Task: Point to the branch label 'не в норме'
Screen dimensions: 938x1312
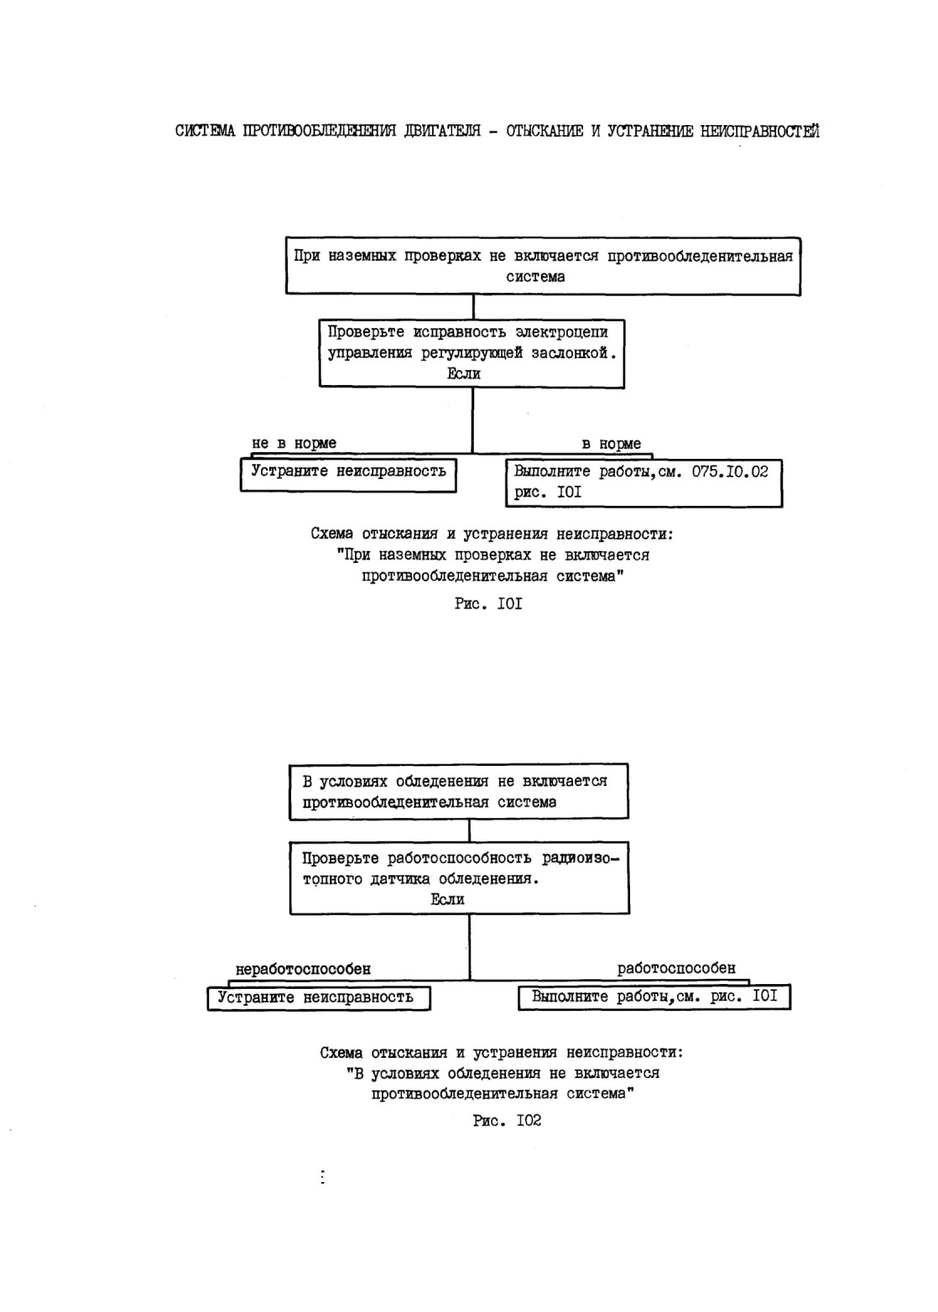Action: pyautogui.click(x=294, y=444)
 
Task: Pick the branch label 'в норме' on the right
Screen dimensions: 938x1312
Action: pyautogui.click(x=611, y=444)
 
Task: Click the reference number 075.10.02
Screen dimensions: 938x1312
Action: pyautogui.click(x=729, y=471)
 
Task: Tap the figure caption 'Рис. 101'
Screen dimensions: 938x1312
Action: pyautogui.click(x=488, y=603)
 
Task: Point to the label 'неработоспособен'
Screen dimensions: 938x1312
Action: pyautogui.click(x=303, y=970)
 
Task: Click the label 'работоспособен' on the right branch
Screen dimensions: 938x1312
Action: pyautogui.click(x=676, y=968)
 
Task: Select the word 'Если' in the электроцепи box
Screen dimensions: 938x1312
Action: pyautogui.click(x=463, y=373)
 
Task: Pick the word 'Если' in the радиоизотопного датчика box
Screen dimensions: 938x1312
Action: pyautogui.click(x=448, y=899)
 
